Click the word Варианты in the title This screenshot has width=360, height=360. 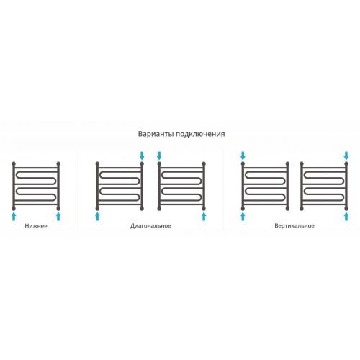[x=156, y=134]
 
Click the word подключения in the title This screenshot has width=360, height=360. [x=200, y=134]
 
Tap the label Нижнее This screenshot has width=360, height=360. [x=36, y=226]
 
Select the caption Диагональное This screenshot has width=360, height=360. [x=150, y=226]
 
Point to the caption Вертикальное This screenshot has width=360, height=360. [x=294, y=226]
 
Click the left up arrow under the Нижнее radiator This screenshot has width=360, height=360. [x=14, y=216]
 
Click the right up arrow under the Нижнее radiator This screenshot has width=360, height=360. [x=58, y=216]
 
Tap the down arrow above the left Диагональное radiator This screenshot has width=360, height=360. [x=142, y=156]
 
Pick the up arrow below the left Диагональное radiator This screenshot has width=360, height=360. [x=97, y=216]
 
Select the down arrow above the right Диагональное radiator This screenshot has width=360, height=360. [x=159, y=156]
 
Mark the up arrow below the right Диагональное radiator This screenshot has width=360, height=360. [x=204, y=216]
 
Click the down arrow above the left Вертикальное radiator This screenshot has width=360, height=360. [x=243, y=156]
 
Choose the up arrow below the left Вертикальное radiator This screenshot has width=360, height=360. [x=243, y=216]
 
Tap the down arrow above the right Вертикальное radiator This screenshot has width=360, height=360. [x=346, y=156]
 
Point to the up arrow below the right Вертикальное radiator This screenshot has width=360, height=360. [x=346, y=216]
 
